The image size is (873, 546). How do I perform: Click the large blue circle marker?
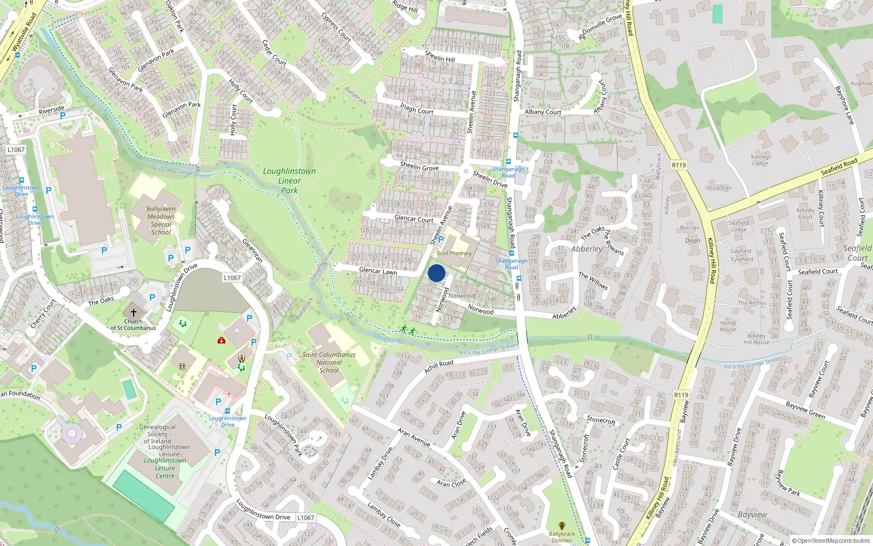436,273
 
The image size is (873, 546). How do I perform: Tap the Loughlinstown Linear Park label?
289,181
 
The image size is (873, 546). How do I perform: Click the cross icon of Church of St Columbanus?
133,313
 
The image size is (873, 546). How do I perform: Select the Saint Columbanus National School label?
329,362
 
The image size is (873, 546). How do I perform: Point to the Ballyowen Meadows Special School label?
161,220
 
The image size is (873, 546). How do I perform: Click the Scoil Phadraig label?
454,253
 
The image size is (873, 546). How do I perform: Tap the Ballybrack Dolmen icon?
562,526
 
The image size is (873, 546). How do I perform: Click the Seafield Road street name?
839,167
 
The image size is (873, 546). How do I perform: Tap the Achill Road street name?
439,366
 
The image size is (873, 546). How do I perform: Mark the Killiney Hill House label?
756,339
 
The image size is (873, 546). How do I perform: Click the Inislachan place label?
719,188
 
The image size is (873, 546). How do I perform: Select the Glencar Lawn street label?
378,271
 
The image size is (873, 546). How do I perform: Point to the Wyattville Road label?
24,33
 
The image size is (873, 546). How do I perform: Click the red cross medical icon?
222,340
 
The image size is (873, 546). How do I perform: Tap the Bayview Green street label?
805,410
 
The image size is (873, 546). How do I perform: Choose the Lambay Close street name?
384,515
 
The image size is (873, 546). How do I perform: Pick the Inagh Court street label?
417,108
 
